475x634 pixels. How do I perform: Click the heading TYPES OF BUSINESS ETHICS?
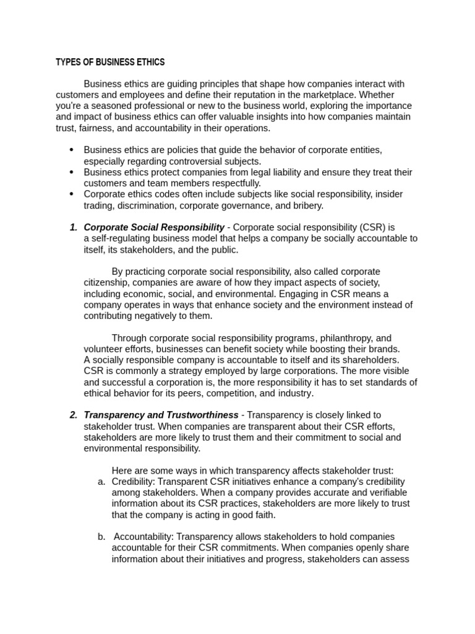(110, 62)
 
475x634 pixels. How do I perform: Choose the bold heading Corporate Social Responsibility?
(154, 227)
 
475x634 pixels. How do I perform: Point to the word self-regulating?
(123, 238)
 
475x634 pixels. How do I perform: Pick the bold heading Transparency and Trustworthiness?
(161, 415)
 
